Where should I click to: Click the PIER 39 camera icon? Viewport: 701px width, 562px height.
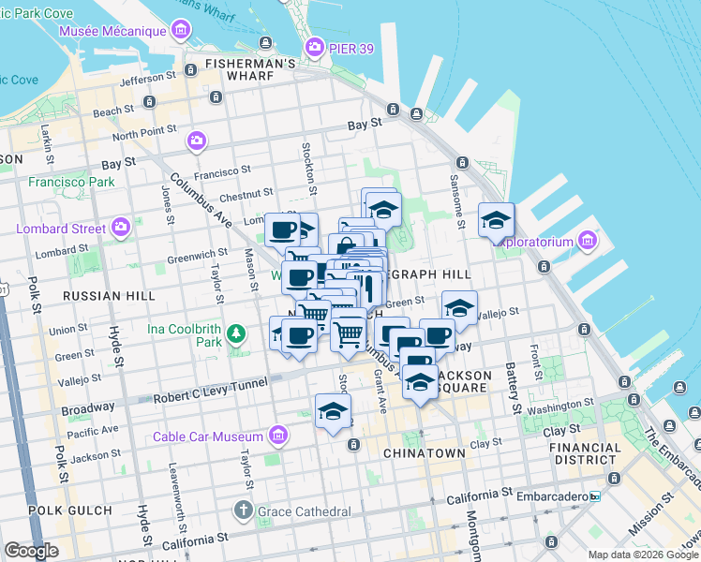tap(315, 46)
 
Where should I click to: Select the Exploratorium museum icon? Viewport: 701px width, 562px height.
tap(588, 241)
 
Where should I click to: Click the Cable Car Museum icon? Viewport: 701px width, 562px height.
tap(277, 436)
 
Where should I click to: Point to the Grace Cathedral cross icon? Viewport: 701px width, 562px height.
tap(243, 511)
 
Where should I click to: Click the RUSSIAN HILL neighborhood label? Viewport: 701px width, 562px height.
tap(109, 296)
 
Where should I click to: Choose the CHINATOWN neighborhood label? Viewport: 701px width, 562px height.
tap(424, 453)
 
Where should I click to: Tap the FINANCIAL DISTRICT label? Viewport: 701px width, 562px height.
tap(586, 454)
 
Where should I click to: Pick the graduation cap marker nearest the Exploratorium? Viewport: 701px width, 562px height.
tap(496, 220)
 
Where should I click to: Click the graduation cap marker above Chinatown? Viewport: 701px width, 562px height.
tap(333, 411)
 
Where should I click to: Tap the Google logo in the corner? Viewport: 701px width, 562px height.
tap(31, 551)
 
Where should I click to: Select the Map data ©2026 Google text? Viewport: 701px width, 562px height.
tap(643, 555)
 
